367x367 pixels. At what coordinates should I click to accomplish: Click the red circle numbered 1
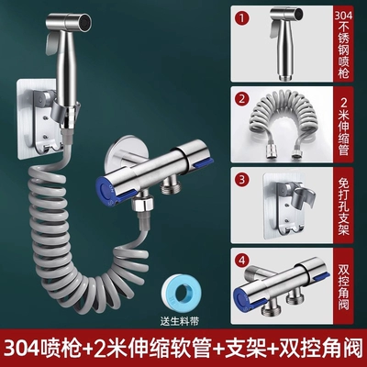(242, 18)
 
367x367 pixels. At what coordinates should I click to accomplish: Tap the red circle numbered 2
(242, 99)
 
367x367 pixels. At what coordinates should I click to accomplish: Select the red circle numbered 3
(242, 180)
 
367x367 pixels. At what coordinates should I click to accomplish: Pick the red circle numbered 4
(242, 261)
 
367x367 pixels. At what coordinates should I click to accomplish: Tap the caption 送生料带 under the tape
(180, 321)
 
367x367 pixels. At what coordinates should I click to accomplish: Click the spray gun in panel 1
(287, 43)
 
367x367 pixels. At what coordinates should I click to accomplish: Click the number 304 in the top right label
(343, 16)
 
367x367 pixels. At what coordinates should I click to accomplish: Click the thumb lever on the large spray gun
(50, 40)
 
